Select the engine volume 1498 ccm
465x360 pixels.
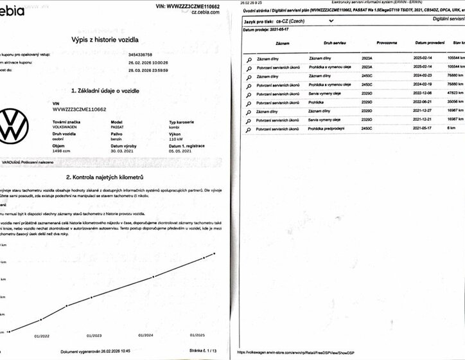click(62, 152)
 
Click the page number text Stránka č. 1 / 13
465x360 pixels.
click(200, 351)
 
